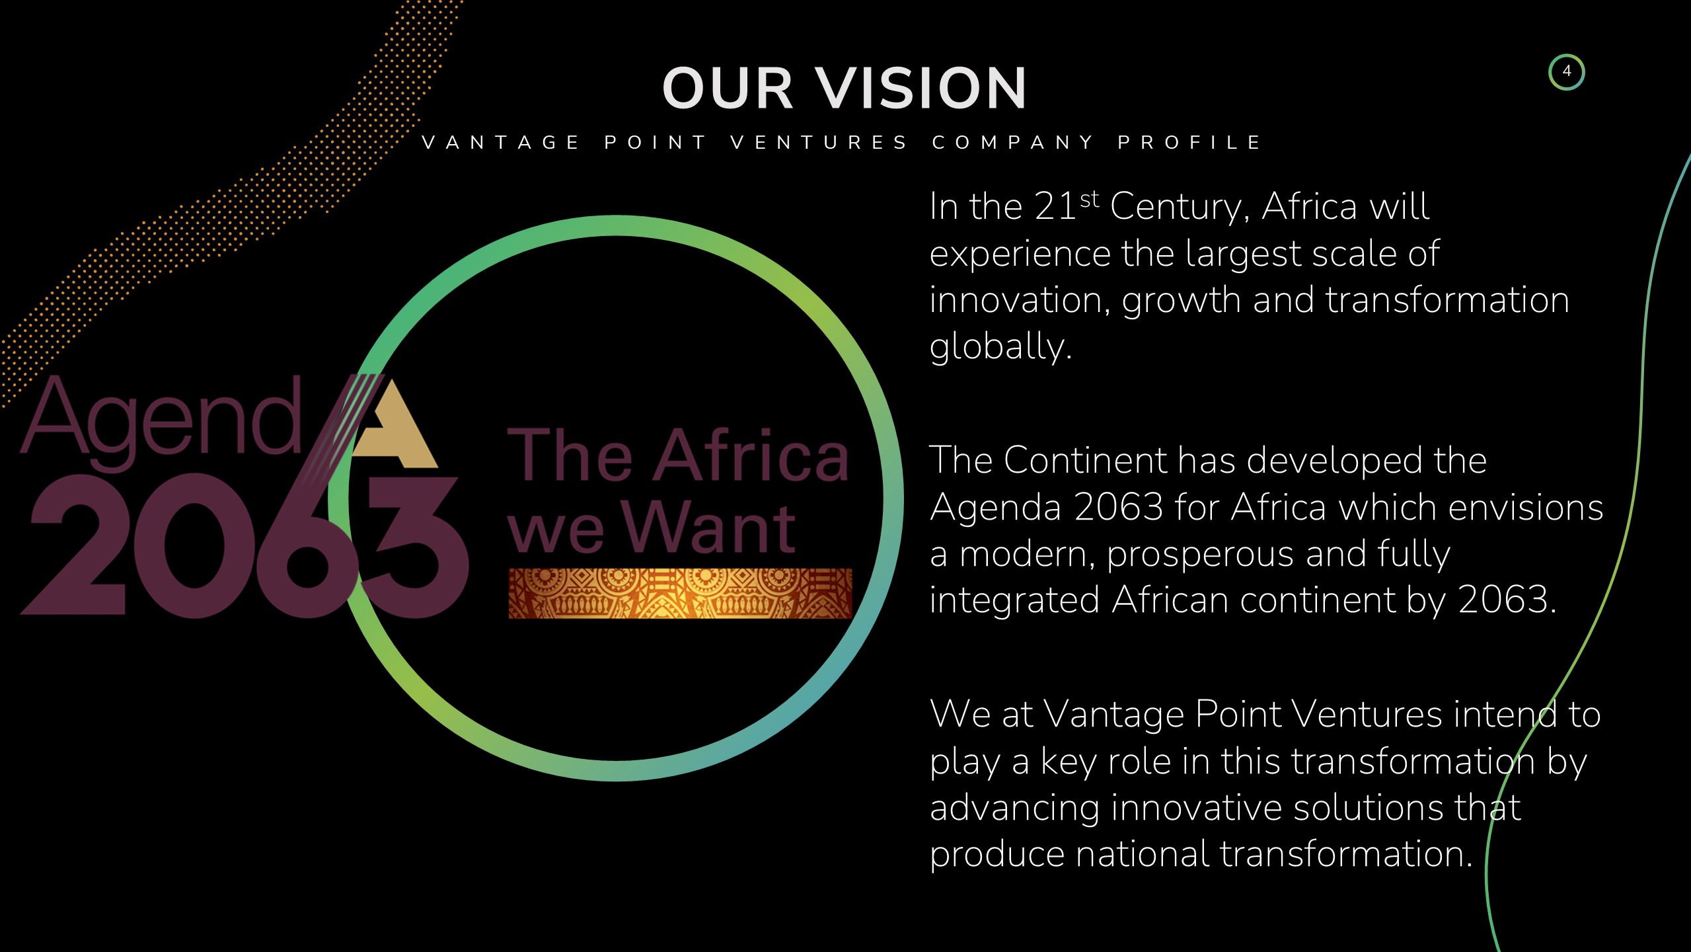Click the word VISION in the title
[921, 88]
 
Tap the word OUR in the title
[728, 88]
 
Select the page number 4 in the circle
[1566, 71]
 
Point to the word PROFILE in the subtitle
[1189, 142]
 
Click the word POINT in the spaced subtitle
[655, 142]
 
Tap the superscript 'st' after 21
[1090, 198]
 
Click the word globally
[1000, 346]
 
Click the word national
[1141, 854]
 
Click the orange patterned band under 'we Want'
[680, 593]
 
